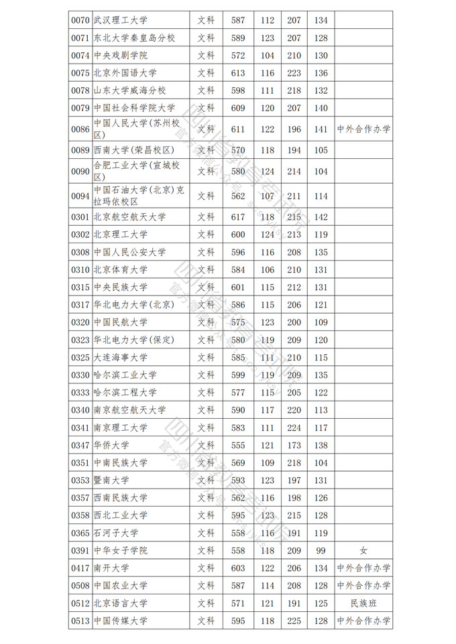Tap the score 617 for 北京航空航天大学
tap(238, 217)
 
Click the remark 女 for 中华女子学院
tap(363, 551)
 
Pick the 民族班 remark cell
tap(363, 603)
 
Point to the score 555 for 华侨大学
tap(238, 446)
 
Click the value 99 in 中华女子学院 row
tap(321, 551)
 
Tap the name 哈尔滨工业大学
tap(125, 375)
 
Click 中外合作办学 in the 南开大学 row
tap(363, 568)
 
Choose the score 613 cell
tap(238, 73)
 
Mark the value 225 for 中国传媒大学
tap(294, 621)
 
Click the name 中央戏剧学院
tap(121, 56)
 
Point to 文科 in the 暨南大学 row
tap(206, 480)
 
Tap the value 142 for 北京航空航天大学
tap(321, 217)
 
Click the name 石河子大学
tap(116, 533)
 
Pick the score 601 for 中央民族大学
tap(238, 287)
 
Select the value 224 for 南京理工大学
tap(294, 428)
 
